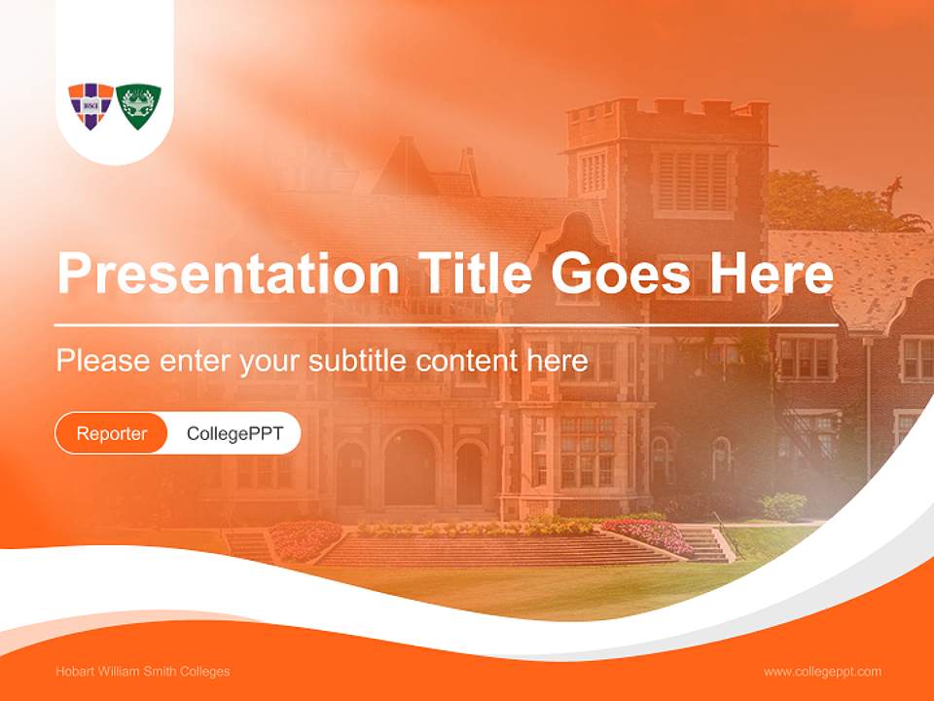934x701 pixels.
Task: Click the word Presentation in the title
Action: (x=228, y=274)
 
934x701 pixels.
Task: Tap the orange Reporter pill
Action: (x=112, y=433)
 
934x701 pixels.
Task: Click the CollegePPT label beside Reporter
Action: (x=234, y=433)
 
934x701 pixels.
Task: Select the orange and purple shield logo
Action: (x=90, y=105)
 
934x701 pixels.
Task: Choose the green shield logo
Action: (x=138, y=105)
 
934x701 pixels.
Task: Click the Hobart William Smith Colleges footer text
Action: (x=143, y=671)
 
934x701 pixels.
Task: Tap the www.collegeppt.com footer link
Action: (x=822, y=671)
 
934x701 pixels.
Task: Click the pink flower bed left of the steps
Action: (x=305, y=538)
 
